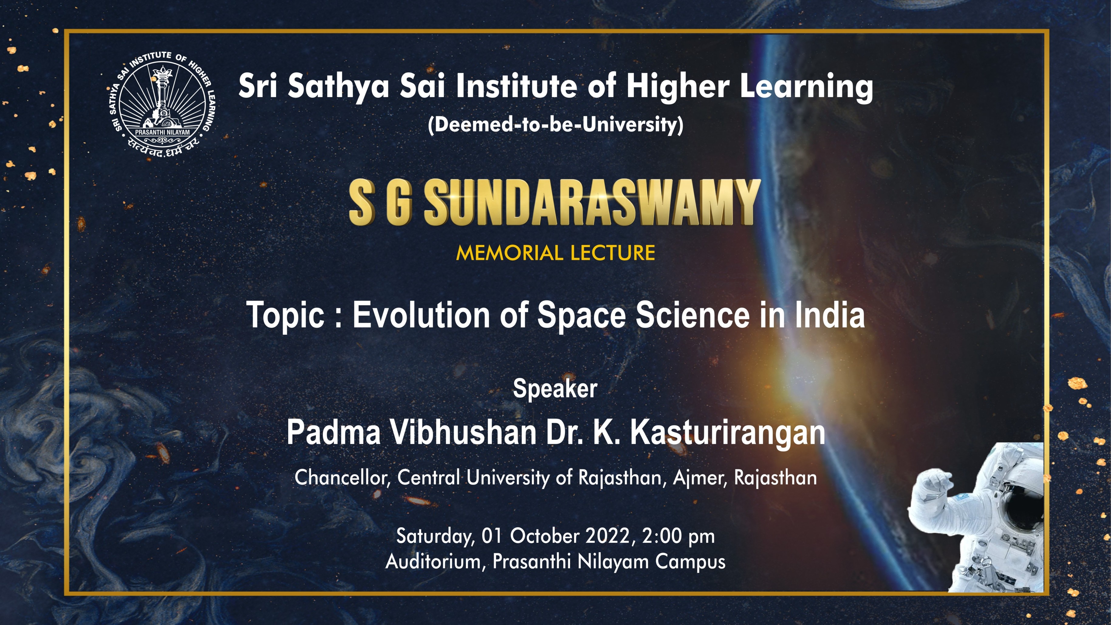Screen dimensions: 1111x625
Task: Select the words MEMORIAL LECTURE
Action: coord(555,253)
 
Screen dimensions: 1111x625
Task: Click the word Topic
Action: coord(285,315)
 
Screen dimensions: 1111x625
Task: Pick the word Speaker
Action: coord(555,389)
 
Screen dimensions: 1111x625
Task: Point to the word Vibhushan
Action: coord(463,433)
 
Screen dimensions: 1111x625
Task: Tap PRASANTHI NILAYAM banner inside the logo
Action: coord(162,132)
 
